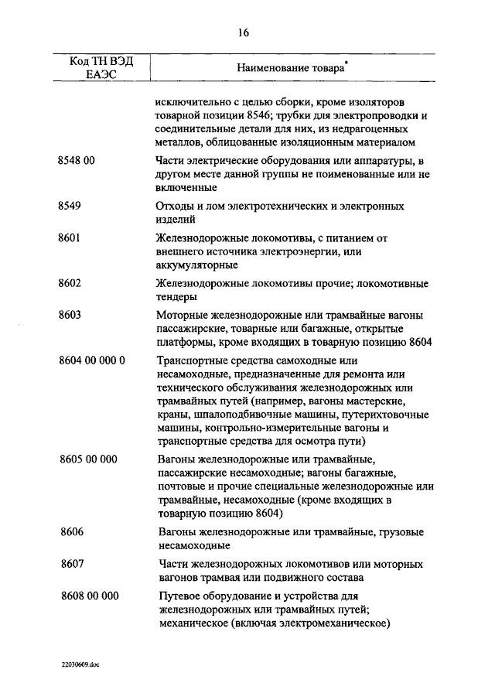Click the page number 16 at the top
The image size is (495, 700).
[x=244, y=32]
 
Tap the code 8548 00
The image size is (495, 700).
[x=77, y=160]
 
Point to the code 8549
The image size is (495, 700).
[x=70, y=207]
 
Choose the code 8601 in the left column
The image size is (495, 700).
[x=70, y=239]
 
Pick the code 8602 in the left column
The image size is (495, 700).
[x=70, y=284]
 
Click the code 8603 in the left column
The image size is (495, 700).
[x=70, y=316]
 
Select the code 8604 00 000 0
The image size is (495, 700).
[x=91, y=361]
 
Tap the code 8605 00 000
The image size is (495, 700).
[x=88, y=459]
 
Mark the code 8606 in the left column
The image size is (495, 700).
[x=72, y=532]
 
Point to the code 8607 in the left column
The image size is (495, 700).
[x=72, y=565]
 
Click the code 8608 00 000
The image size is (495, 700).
[x=89, y=596]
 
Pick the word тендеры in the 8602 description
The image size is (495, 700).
[x=176, y=297]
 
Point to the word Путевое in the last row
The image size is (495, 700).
[x=179, y=596]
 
